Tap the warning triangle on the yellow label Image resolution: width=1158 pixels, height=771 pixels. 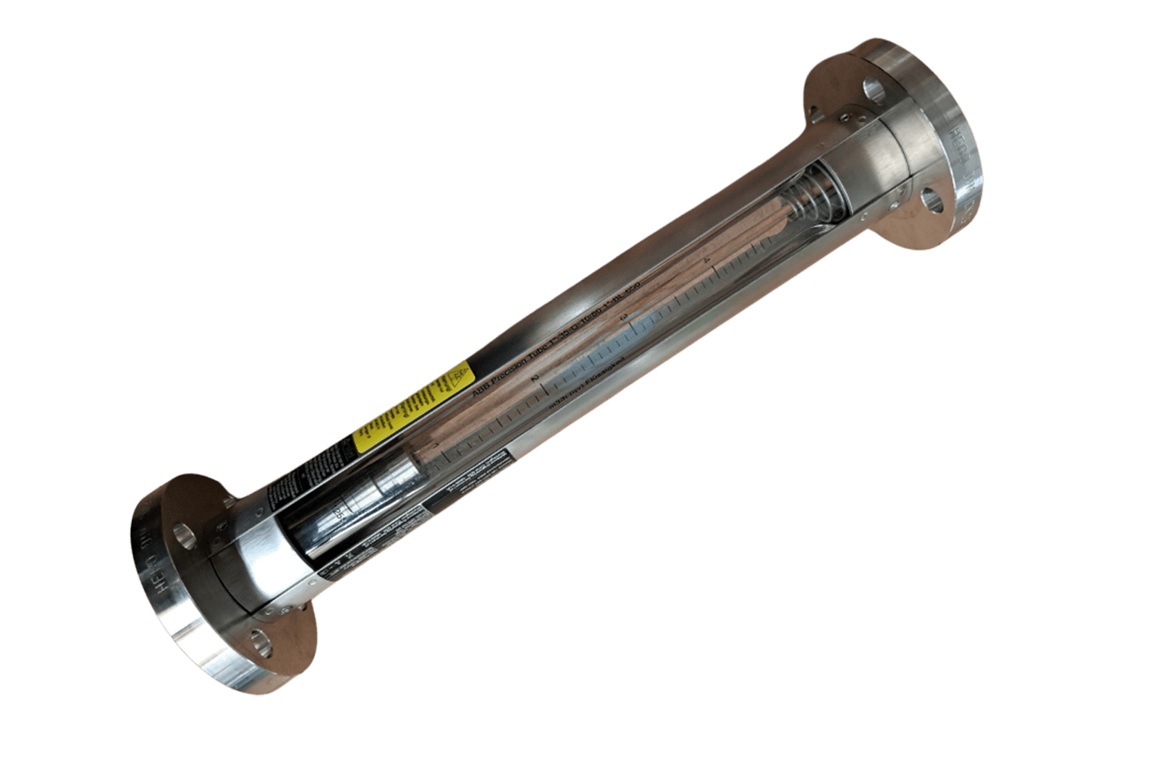point(457,379)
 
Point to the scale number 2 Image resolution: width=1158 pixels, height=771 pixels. point(535,378)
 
